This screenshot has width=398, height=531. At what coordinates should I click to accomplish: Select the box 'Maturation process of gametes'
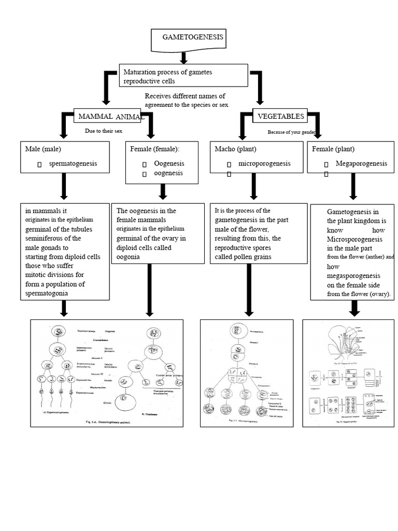coord(183,76)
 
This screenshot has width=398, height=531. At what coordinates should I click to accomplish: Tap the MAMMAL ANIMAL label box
coord(109,117)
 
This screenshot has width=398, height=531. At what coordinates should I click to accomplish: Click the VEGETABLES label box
coord(280,116)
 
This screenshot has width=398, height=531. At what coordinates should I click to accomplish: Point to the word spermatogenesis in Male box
coord(73,163)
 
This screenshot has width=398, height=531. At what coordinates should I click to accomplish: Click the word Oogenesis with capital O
coord(169,163)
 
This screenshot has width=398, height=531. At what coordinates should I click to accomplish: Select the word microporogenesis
coord(264,163)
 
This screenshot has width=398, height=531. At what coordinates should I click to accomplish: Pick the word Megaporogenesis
coord(361,163)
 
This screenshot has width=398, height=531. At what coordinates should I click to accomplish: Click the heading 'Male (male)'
coord(43,149)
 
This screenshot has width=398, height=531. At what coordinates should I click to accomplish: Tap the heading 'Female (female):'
coord(155,149)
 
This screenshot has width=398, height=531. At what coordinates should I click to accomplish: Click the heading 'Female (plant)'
coord(333,149)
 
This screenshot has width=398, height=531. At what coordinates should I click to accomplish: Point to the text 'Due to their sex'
coord(104,131)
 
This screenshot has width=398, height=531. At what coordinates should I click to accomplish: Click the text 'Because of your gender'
coord(291,132)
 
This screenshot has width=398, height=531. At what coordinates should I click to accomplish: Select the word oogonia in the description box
coord(128,256)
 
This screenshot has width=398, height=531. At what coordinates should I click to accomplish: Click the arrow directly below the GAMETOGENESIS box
coord(183,57)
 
